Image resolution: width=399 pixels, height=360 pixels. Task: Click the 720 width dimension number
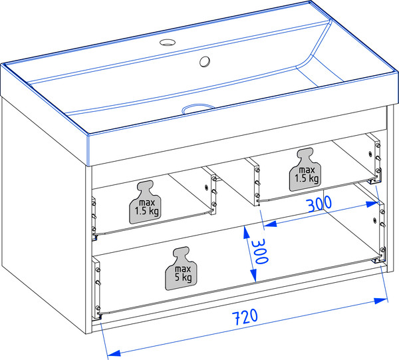(x=245, y=317)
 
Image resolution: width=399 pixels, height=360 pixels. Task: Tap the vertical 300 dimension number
(x=259, y=252)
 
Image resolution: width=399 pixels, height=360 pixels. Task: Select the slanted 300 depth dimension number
(x=319, y=204)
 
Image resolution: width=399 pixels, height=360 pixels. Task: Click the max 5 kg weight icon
(x=181, y=268)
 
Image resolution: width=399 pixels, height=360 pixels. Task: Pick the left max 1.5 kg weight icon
(x=145, y=202)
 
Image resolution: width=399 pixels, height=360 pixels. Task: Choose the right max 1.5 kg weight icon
(x=305, y=170)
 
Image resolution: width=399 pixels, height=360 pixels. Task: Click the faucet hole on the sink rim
(x=167, y=43)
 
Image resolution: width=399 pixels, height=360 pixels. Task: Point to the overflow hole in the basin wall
(x=205, y=62)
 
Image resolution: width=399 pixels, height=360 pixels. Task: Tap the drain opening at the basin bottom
(x=198, y=108)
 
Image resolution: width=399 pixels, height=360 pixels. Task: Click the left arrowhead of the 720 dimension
(x=114, y=353)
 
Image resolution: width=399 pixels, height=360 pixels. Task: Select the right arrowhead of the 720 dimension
(x=380, y=300)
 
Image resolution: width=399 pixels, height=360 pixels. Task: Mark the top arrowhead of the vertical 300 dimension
(x=246, y=232)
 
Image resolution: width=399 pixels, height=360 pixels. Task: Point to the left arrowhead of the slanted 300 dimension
(x=270, y=224)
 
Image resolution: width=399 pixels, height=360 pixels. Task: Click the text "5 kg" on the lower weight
(x=183, y=277)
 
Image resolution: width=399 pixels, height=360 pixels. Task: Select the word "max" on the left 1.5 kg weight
(x=147, y=203)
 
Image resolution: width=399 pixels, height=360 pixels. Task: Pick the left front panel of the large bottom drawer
(x=96, y=287)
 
